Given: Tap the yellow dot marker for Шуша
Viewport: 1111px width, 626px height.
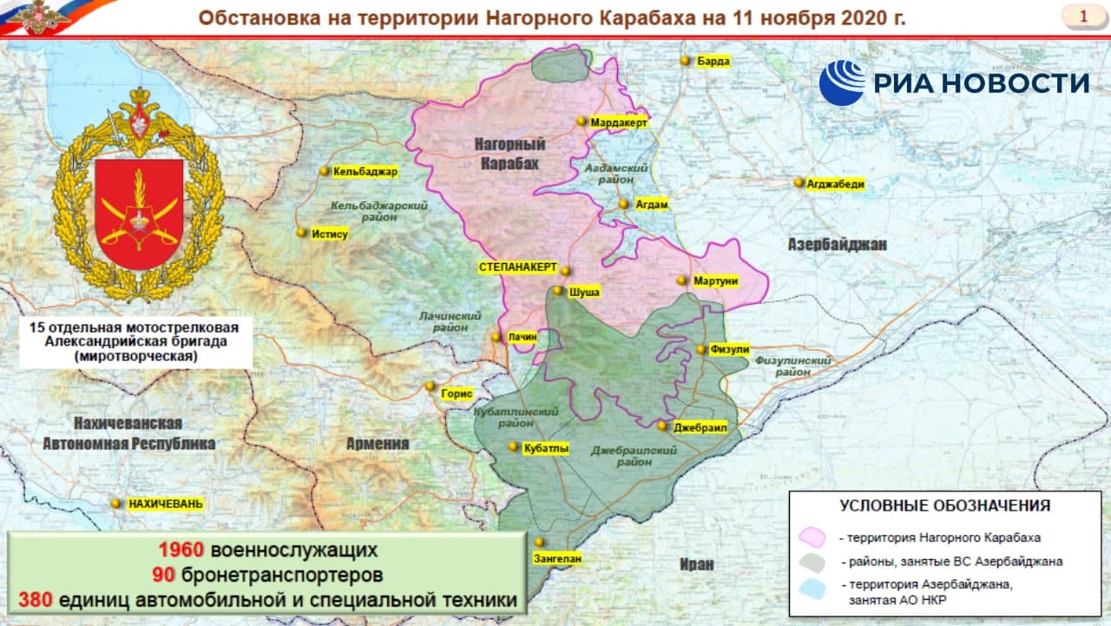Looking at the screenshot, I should (558, 292).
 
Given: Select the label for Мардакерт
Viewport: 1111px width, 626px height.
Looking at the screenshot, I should (619, 123).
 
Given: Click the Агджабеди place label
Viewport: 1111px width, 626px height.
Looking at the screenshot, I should (835, 183).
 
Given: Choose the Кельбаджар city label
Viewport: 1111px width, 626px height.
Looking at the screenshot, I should (365, 172).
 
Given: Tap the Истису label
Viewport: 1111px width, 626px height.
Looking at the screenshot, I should (330, 234).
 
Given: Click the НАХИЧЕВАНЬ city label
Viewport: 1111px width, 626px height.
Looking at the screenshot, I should (165, 504).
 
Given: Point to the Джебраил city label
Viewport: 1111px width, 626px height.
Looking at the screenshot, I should (693, 427).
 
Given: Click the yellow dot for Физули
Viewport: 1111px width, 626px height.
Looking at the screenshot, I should (700, 350).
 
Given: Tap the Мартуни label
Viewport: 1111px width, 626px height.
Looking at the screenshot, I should (715, 281).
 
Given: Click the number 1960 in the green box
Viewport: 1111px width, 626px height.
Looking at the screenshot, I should (181, 550).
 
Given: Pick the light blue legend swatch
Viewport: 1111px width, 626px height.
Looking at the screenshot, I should (812, 590).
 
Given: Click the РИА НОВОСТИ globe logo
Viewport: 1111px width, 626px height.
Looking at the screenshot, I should (842, 83).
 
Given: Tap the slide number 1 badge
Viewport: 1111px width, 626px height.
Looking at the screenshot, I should (1083, 16).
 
